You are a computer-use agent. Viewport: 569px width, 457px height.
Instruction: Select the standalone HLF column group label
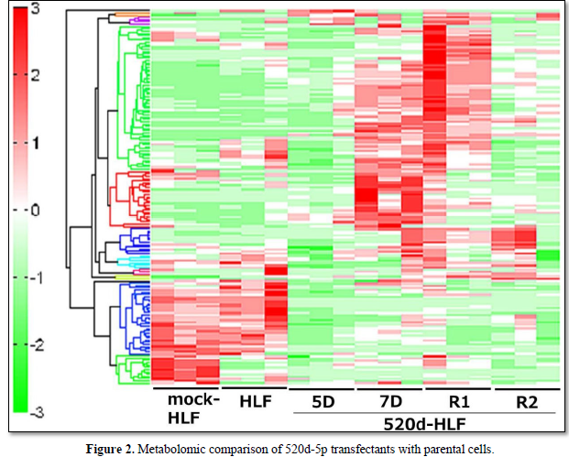click(x=254, y=401)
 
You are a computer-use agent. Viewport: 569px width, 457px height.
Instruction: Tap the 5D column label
click(x=322, y=400)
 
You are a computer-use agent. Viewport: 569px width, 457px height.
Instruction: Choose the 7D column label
click(x=389, y=400)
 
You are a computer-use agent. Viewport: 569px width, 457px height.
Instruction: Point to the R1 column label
click(x=458, y=400)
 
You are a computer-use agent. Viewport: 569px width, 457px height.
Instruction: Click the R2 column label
click(x=525, y=400)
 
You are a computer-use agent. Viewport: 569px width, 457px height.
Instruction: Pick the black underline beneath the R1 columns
click(x=457, y=389)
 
